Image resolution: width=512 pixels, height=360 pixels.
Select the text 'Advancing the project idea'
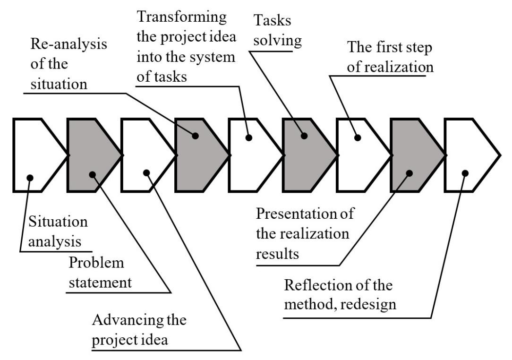click(139, 329)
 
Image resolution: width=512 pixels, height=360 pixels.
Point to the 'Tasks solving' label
click(278, 30)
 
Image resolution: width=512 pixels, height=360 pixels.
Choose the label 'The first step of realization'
click(390, 57)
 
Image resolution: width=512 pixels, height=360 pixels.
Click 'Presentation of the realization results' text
click(305, 234)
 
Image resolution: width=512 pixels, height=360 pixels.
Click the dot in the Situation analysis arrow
click(30, 178)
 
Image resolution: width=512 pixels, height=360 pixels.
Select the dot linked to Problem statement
click(92, 174)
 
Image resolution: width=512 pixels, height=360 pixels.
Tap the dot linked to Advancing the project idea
click(146, 172)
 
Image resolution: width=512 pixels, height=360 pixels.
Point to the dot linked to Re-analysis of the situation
click(195, 136)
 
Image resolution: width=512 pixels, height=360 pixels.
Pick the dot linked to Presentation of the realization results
click(409, 173)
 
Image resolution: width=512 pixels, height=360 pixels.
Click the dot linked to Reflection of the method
click(465, 173)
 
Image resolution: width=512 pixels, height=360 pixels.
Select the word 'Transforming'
click(181, 17)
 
